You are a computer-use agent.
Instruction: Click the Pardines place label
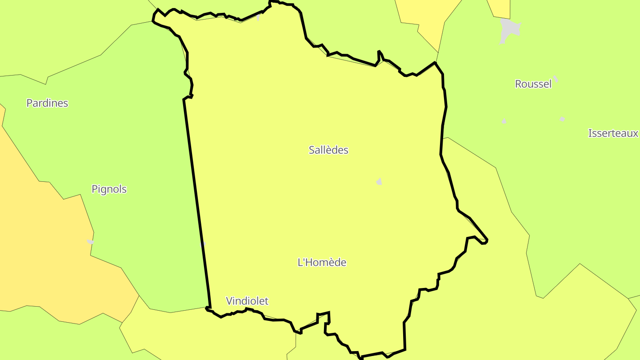47,103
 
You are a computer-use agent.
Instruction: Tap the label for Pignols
109,189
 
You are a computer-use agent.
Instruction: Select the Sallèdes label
328,150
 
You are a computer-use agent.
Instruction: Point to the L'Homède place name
322,263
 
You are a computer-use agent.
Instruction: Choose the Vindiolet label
247,301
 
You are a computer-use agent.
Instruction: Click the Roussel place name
533,84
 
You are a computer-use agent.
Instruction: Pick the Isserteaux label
613,133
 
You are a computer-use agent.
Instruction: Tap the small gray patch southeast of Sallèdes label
379,181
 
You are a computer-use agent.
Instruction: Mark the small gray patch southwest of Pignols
91,242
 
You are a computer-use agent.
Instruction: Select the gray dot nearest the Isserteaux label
562,119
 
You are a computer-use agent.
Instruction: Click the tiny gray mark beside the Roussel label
556,79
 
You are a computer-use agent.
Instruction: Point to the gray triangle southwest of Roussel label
504,121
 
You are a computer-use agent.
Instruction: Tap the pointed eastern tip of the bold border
487,240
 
